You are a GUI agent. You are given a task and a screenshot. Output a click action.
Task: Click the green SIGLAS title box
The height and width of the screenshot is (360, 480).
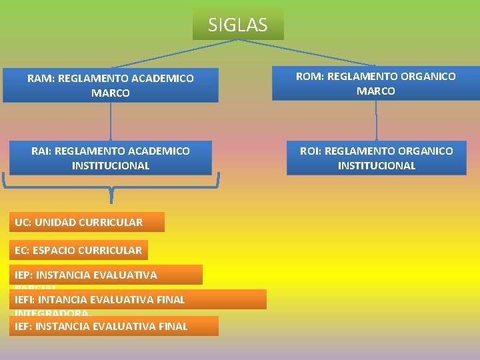pos(238,25)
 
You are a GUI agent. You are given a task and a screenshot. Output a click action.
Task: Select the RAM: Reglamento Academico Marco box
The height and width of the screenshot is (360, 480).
pos(111,85)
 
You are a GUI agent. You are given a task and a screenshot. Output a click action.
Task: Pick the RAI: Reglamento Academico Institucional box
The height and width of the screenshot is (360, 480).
pos(111,158)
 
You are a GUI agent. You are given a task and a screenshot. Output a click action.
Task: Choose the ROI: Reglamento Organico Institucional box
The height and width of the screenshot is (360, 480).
pos(376,158)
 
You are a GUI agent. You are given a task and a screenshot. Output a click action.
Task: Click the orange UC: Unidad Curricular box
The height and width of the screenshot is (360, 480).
pos(87,222)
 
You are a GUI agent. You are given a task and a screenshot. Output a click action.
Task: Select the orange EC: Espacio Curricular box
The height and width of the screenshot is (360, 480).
pos(79,250)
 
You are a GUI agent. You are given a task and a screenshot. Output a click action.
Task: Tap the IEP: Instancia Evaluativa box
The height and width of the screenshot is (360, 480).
pos(105,275)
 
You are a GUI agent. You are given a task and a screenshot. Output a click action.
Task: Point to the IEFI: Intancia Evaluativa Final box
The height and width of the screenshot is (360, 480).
pos(137,299)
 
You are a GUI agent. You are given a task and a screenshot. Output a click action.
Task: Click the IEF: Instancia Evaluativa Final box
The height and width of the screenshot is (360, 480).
pos(113,326)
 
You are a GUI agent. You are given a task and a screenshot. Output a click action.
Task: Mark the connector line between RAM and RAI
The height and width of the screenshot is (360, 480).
pos(111,121)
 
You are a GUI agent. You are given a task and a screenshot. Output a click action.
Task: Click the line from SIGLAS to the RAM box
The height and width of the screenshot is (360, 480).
pos(173,53)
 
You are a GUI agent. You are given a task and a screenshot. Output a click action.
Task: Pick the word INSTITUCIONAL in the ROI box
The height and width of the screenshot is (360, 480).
pos(376,165)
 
